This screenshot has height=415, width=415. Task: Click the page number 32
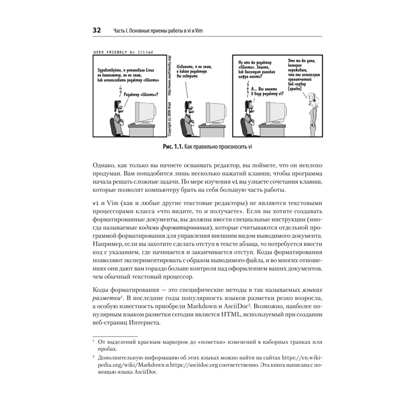coord(96,31)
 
